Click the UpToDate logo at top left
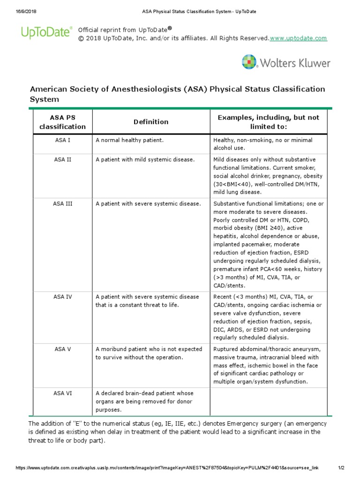[46, 32]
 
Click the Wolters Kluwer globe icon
[249, 62]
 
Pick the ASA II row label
[62, 159]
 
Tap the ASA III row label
[62, 204]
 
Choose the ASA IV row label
[62, 297]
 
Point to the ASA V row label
[62, 349]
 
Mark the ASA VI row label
[62, 393]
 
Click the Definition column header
[151, 122]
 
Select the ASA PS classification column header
[62, 122]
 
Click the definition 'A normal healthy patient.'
[130, 140]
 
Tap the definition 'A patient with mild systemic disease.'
[145, 159]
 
